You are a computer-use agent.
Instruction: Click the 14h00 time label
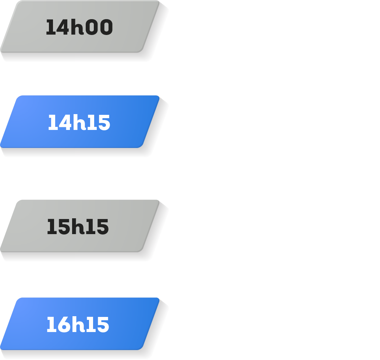pyautogui.click(x=79, y=27)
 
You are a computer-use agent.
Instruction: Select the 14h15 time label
pyautogui.click(x=79, y=123)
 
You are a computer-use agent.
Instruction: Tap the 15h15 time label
pyautogui.click(x=78, y=227)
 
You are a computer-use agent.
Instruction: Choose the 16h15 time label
pyautogui.click(x=78, y=325)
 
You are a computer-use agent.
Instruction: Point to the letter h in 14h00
pyautogui.click(x=77, y=27)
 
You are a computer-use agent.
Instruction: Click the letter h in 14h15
pyautogui.click(x=78, y=123)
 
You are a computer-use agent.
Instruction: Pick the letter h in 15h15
pyautogui.click(x=77, y=227)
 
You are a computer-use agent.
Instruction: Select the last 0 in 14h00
pyautogui.click(x=105, y=28)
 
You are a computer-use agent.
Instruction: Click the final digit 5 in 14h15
pyautogui.click(x=103, y=123)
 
